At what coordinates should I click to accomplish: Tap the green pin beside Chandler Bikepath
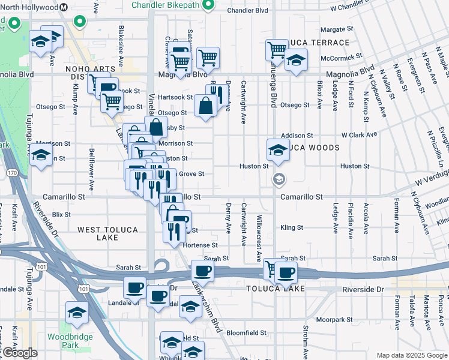208,5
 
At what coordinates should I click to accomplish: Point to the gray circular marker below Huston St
278,179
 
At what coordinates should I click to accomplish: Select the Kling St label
292,228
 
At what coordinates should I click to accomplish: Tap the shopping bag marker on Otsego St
205,106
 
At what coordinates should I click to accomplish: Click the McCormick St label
339,59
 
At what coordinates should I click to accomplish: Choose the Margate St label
337,29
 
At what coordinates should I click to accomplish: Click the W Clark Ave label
359,136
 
